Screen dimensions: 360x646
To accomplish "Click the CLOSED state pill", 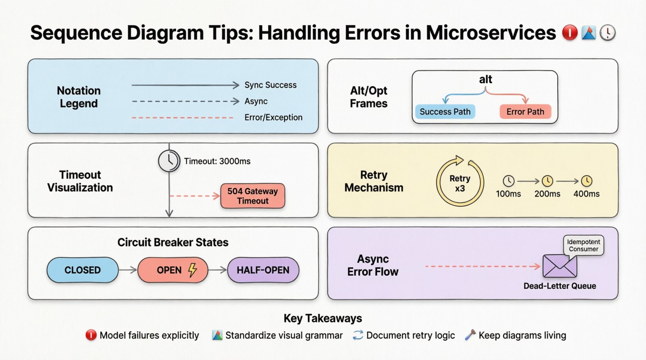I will (x=82, y=270).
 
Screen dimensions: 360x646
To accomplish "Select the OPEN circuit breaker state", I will (x=172, y=270).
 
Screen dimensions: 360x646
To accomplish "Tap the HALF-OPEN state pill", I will (x=263, y=270).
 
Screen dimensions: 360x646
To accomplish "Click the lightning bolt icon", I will (x=193, y=270).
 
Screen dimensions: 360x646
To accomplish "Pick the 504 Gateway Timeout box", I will (x=253, y=196).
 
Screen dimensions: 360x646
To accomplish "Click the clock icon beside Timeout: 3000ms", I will (x=169, y=161).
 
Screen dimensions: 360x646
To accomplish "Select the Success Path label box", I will (x=445, y=112).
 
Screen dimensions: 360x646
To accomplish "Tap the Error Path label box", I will (x=525, y=112).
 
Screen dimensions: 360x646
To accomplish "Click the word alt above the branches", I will (x=485, y=80).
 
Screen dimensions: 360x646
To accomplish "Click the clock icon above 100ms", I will (x=509, y=181).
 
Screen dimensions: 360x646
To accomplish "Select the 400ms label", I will (x=586, y=194).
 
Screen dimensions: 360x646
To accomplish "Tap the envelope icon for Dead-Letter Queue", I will (x=559, y=266).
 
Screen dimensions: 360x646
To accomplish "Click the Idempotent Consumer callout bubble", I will (x=583, y=245).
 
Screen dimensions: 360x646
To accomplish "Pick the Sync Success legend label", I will (x=270, y=85).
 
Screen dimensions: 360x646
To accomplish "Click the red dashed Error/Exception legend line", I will (x=182, y=118).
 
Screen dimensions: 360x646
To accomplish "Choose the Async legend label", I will (x=256, y=101).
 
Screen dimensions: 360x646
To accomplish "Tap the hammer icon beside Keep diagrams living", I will (x=470, y=335).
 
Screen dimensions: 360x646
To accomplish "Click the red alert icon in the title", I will (x=570, y=33).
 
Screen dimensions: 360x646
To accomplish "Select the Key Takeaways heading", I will (x=323, y=318).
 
